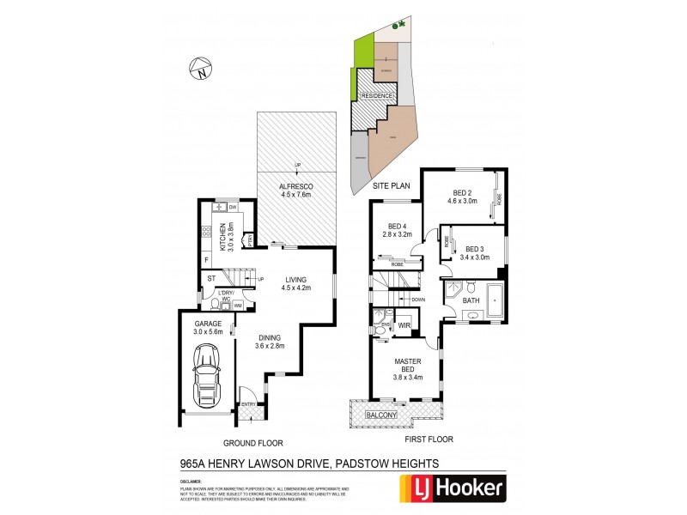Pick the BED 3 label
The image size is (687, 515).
(475, 250)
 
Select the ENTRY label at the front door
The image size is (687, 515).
(249, 404)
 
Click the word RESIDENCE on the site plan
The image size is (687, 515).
(376, 95)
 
